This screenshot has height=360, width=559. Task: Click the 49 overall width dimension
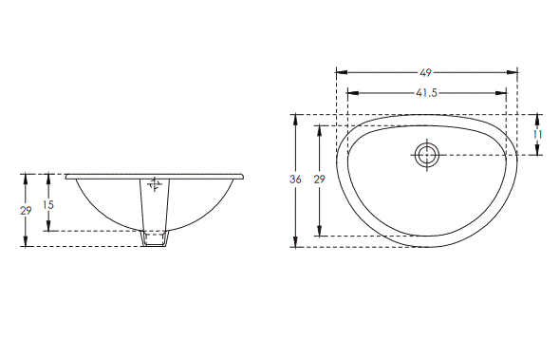[x=427, y=72]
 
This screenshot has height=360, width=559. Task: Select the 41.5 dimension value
[x=426, y=93]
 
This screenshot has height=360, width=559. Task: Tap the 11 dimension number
[x=537, y=135]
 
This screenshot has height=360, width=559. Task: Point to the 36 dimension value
[x=296, y=180]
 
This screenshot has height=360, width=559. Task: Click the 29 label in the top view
[x=320, y=180]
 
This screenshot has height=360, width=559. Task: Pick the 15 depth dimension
[x=48, y=204]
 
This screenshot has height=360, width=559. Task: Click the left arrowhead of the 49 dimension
[x=341, y=72]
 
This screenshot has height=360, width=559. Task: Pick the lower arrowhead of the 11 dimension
[x=537, y=151]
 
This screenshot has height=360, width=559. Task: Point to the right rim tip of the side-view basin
[x=245, y=176]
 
